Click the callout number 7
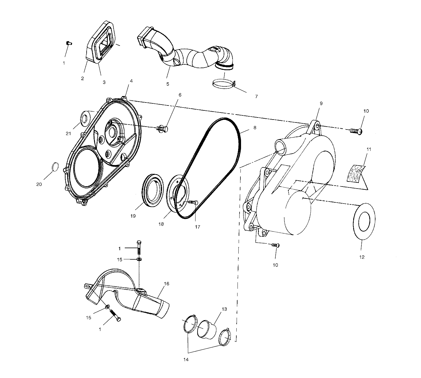point(256,96)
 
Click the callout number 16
point(166,284)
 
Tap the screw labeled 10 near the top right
point(356,130)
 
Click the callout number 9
point(321,103)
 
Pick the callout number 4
point(131,81)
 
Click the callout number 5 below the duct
point(168,84)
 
